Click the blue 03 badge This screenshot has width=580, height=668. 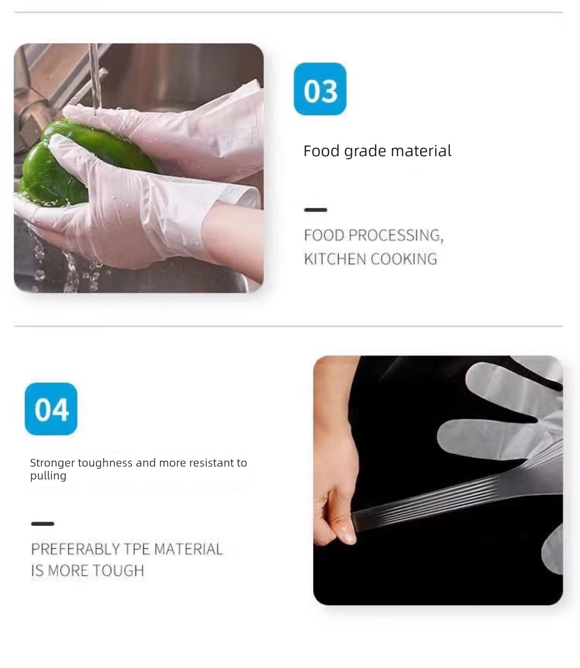[320, 89]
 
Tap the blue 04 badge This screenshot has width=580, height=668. [51, 409]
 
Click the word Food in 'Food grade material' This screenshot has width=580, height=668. [321, 151]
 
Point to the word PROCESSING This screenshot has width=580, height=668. [396, 235]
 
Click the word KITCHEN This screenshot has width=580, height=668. [335, 259]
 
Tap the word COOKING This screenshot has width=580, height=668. [404, 259]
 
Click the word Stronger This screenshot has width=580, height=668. [52, 463]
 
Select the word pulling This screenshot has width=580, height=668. [48, 476]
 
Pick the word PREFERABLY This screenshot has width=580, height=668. [75, 549]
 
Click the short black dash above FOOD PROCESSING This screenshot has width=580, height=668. [315, 210]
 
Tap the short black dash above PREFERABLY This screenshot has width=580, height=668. [43, 524]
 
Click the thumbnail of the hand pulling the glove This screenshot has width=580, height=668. [438, 480]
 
